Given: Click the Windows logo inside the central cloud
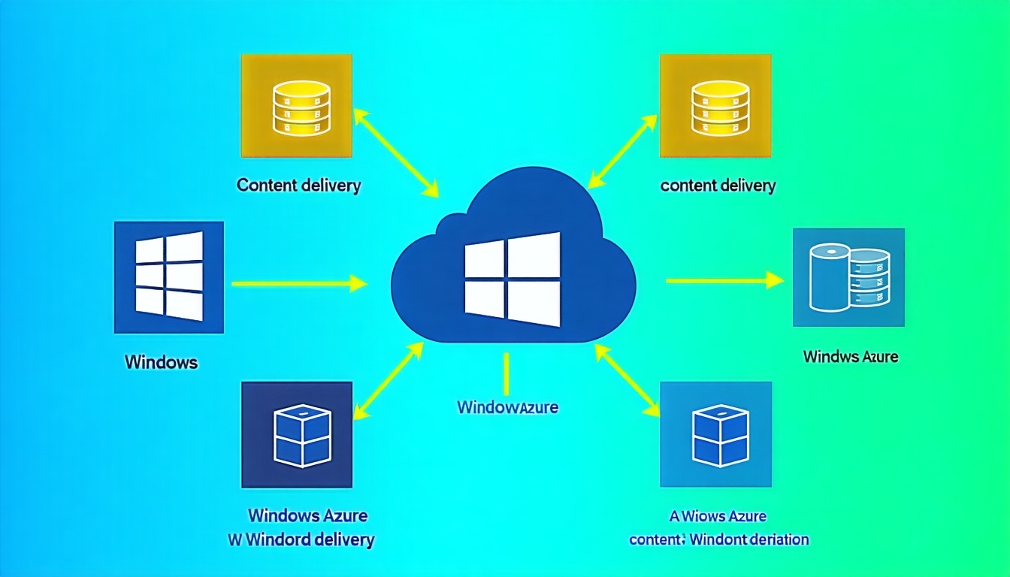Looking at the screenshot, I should pos(513,279).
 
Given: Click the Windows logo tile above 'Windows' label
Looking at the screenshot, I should pos(168,276).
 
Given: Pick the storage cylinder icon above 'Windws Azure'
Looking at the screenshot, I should pos(848,277).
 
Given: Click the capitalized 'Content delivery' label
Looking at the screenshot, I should pos(298,185).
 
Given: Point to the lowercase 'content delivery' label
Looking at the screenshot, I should pos(718,185).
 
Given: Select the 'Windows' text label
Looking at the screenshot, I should pos(161,362).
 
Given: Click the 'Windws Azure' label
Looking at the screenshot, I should pos(851,356).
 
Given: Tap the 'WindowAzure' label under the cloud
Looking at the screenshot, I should pos(507,408).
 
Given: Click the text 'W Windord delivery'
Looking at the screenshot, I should pos(301,539).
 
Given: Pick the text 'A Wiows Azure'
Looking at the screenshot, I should pos(717,516).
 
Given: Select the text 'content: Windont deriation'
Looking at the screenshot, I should pos(718,539).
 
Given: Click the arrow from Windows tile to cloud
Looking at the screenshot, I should pos(298,283).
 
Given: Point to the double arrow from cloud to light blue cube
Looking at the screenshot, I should pos(627,379).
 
